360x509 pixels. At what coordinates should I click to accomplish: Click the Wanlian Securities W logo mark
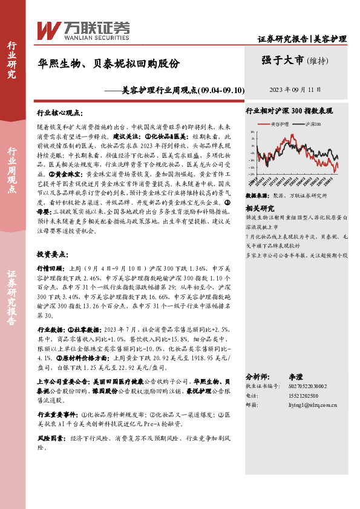click(49, 30)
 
